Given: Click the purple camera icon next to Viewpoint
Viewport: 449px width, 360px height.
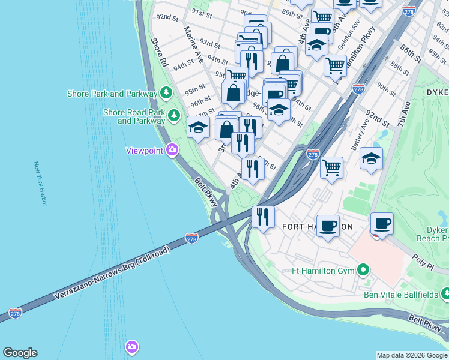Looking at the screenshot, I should pos(173,150).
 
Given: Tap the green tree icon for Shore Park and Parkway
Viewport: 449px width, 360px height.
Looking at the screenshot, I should pos(166,94).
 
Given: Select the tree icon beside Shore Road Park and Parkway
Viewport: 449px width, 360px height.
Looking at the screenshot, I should pos(174,115).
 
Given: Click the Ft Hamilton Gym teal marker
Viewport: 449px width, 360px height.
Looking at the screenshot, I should pos(363,271).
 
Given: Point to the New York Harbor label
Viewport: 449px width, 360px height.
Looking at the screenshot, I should pos(40,184).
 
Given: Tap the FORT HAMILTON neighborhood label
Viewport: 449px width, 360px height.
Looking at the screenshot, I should pos(317,227).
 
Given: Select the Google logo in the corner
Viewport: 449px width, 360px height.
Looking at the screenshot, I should pos(20,353).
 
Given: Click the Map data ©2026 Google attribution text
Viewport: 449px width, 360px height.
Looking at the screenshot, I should pos(412,355).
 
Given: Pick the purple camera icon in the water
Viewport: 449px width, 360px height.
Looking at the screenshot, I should pos(131,347).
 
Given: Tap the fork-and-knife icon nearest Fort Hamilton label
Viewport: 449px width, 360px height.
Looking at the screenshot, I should pos(263,217).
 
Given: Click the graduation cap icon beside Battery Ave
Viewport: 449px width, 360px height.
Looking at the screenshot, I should pos(371,158).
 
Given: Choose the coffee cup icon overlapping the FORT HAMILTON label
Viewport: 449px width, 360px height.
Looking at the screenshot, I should pos(328,226).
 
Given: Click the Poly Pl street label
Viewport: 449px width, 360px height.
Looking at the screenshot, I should pos(423,259).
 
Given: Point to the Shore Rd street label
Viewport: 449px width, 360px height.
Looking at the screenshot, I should pos(158,52).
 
